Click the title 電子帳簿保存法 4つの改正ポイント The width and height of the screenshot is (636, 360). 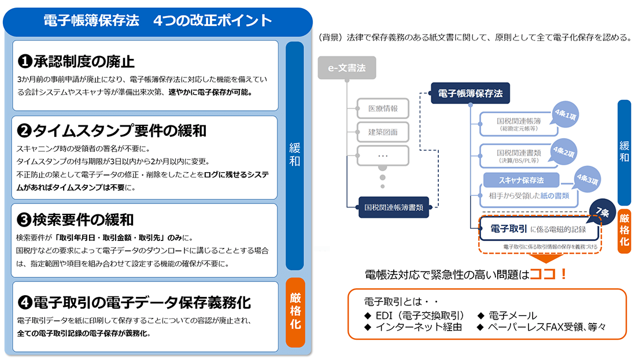click(157, 21)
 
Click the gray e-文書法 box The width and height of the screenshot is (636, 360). click(346, 68)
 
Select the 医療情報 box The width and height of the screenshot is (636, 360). click(383, 109)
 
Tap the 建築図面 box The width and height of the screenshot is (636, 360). click(383, 132)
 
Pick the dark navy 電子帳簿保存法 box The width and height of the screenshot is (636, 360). click(469, 92)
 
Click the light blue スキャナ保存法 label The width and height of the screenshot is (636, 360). click(521, 180)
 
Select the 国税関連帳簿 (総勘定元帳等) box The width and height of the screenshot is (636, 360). click(513, 124)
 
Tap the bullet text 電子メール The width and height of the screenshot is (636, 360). click(512, 316)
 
